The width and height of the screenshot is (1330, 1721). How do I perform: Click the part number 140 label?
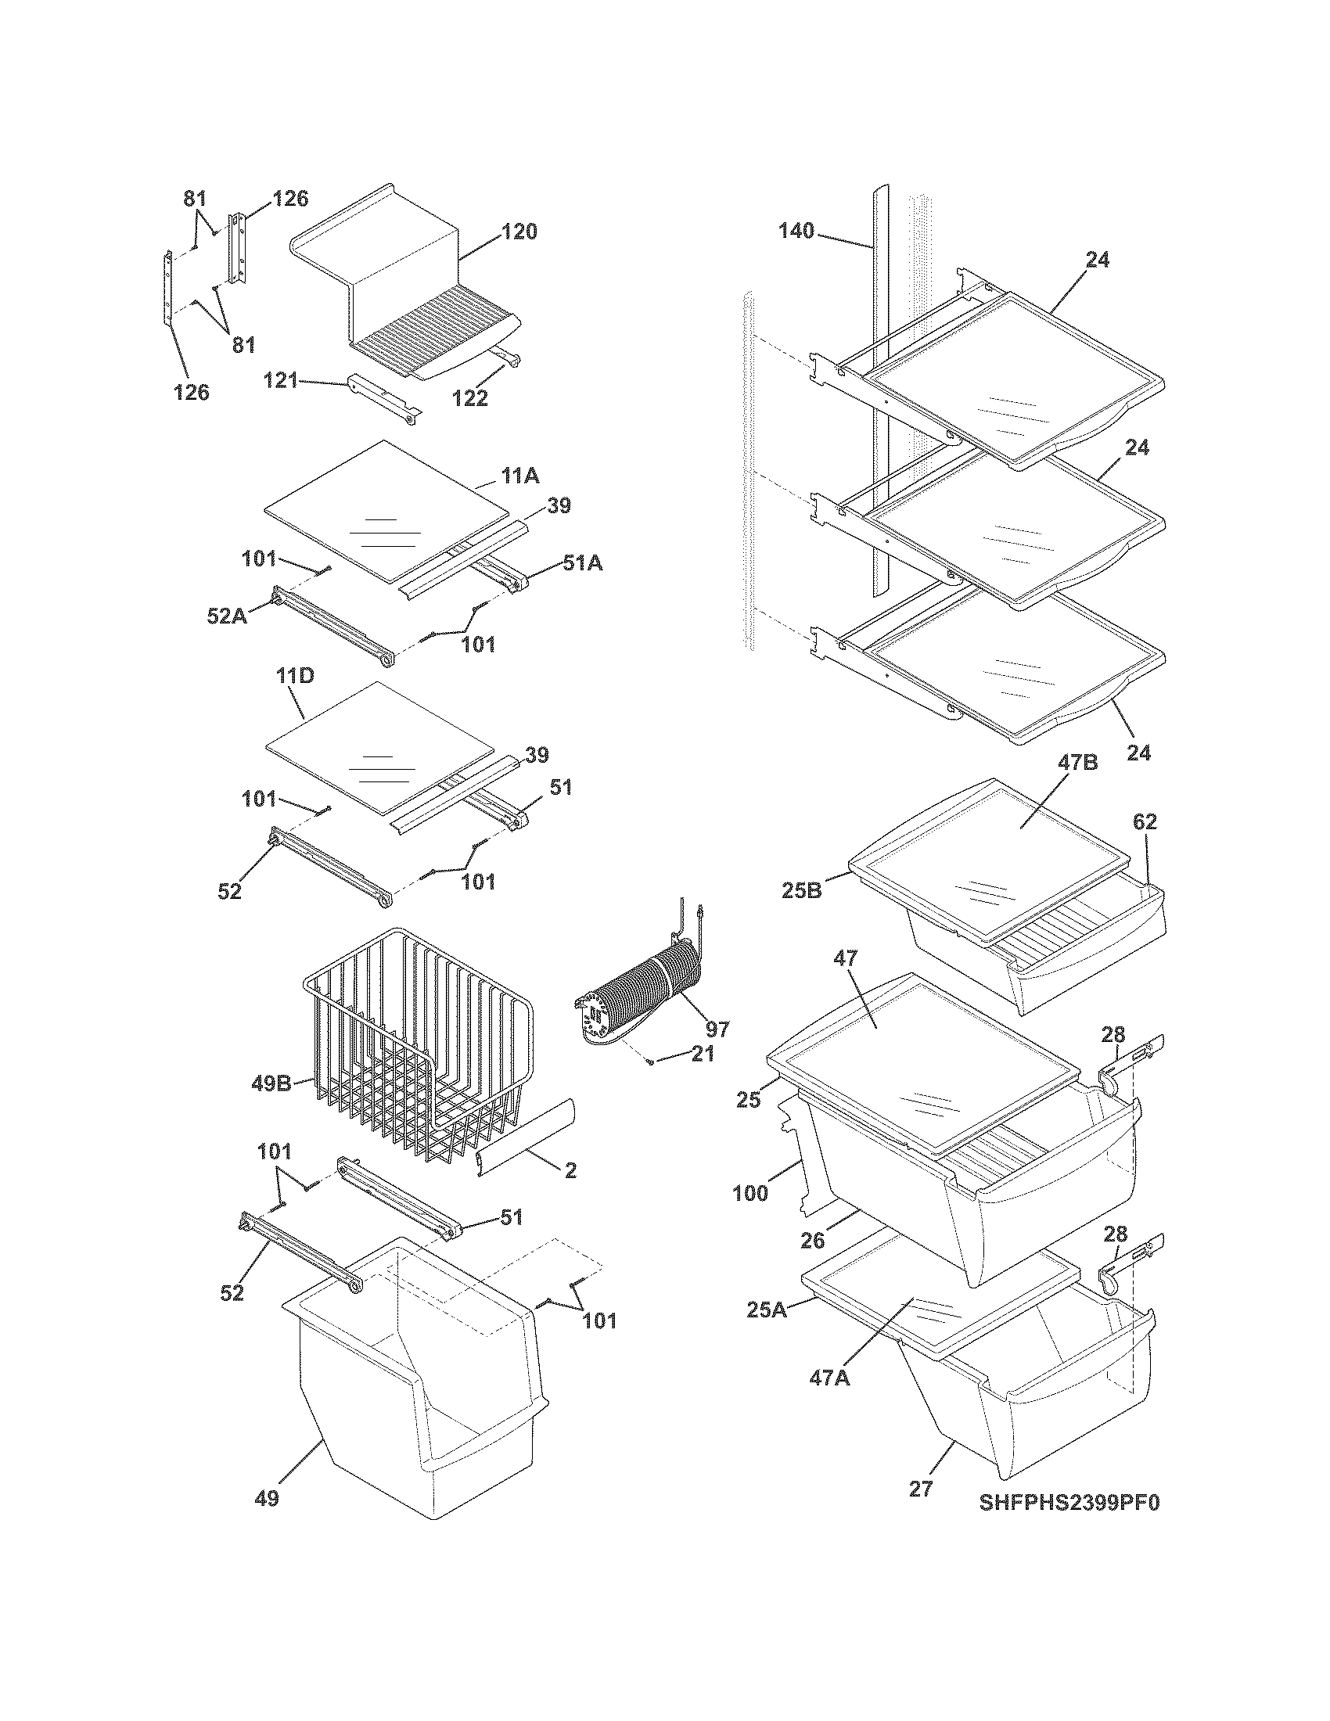[796, 231]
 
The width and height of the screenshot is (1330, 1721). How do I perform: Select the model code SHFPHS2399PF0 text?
[1069, 1503]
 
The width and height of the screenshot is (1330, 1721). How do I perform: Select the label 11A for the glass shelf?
[520, 475]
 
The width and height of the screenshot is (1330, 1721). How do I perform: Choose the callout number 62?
[1145, 822]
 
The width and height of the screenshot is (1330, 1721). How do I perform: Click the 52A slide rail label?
[225, 616]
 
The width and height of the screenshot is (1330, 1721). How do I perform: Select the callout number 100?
[750, 1193]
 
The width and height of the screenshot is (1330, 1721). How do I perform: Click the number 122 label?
[470, 399]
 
